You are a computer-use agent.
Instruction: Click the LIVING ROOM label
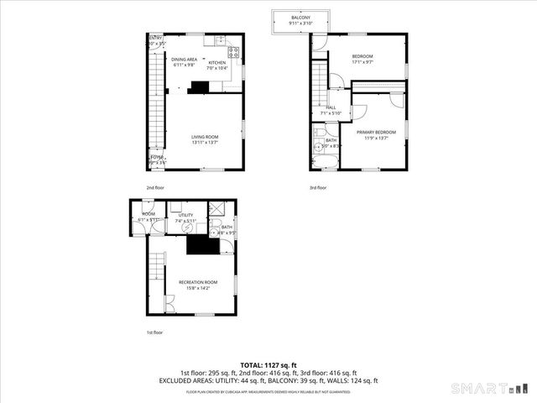(204, 136)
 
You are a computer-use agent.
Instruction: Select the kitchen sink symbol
(220, 40)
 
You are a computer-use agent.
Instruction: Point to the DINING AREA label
(185, 60)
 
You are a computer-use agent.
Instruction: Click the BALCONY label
(300, 18)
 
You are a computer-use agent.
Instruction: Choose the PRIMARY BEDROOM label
(375, 132)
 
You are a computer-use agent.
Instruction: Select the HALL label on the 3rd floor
(331, 107)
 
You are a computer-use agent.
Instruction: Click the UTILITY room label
(185, 215)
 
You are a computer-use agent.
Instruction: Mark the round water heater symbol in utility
(187, 227)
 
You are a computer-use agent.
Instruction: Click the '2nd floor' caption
(155, 187)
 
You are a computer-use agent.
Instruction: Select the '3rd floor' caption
(317, 187)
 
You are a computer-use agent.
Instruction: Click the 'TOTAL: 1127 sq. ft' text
(268, 365)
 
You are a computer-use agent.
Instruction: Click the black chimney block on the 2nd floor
(201, 86)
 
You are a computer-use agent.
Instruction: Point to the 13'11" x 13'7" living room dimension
(204, 142)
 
